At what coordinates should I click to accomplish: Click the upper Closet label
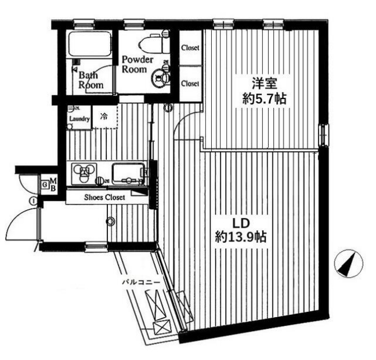click(190, 48)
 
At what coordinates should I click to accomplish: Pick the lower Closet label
click(190, 83)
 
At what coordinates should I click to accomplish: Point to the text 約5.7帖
click(264, 99)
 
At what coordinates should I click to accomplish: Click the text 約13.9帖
click(241, 237)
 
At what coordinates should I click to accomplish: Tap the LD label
click(240, 223)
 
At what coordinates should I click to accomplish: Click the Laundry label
click(78, 120)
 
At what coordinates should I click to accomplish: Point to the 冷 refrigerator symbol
click(104, 116)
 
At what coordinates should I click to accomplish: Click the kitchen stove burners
click(84, 172)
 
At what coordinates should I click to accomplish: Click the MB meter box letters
click(52, 184)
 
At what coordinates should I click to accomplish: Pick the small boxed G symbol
click(44, 185)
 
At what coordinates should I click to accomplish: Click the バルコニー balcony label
click(137, 282)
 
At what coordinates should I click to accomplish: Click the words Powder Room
click(138, 65)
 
